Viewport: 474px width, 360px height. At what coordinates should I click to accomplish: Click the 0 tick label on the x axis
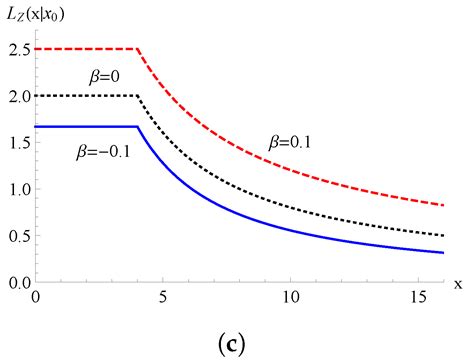coord(36,298)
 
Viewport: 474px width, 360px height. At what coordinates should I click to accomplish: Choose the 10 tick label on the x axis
coord(291,298)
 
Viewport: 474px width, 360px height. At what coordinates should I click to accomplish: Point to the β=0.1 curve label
coord(290,143)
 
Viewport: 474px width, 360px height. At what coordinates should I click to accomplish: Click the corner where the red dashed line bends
coord(138,49)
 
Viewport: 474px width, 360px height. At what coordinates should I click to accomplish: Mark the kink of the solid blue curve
coord(138,127)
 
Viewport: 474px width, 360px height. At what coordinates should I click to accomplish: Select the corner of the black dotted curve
coord(138,96)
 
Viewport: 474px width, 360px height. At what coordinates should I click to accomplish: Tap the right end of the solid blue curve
coord(444,253)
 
